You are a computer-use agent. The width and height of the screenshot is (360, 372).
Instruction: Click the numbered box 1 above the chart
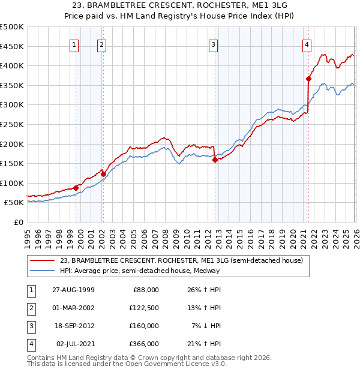(x=74, y=44)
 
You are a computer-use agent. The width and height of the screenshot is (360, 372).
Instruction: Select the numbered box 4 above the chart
(x=307, y=44)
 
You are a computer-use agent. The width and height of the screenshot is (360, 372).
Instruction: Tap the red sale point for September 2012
(x=215, y=160)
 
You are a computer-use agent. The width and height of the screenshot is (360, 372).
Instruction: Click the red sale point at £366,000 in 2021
(x=308, y=79)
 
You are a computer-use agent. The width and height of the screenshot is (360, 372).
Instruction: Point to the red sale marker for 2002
(x=103, y=174)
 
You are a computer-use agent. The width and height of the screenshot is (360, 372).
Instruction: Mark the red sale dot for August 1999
(x=76, y=188)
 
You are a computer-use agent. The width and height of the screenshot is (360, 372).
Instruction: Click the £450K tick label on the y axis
(x=12, y=46)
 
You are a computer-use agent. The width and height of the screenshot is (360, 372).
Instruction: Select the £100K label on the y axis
(x=12, y=183)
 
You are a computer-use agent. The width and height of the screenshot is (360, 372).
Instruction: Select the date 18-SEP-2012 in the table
(x=75, y=326)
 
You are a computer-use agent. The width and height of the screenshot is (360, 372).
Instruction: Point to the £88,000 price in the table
(x=145, y=290)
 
